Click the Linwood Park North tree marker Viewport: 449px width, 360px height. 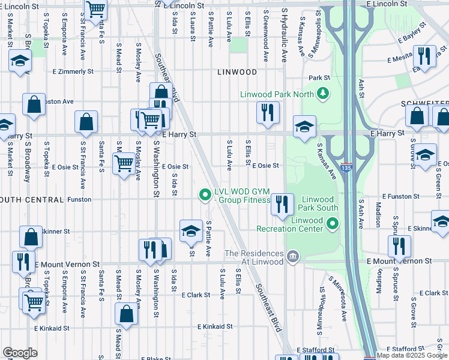click(324, 93)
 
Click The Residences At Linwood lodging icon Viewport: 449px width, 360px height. click(292, 257)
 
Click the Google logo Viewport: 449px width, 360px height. click(20, 353)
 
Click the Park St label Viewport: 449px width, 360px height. click(319, 78)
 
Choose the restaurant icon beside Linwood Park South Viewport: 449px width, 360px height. click(281, 204)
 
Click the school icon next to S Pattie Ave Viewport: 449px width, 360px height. click(191, 230)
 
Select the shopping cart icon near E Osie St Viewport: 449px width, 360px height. click(124, 162)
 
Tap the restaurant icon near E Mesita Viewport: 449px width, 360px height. click(424, 56)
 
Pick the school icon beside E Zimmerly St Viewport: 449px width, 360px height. click(20, 61)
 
